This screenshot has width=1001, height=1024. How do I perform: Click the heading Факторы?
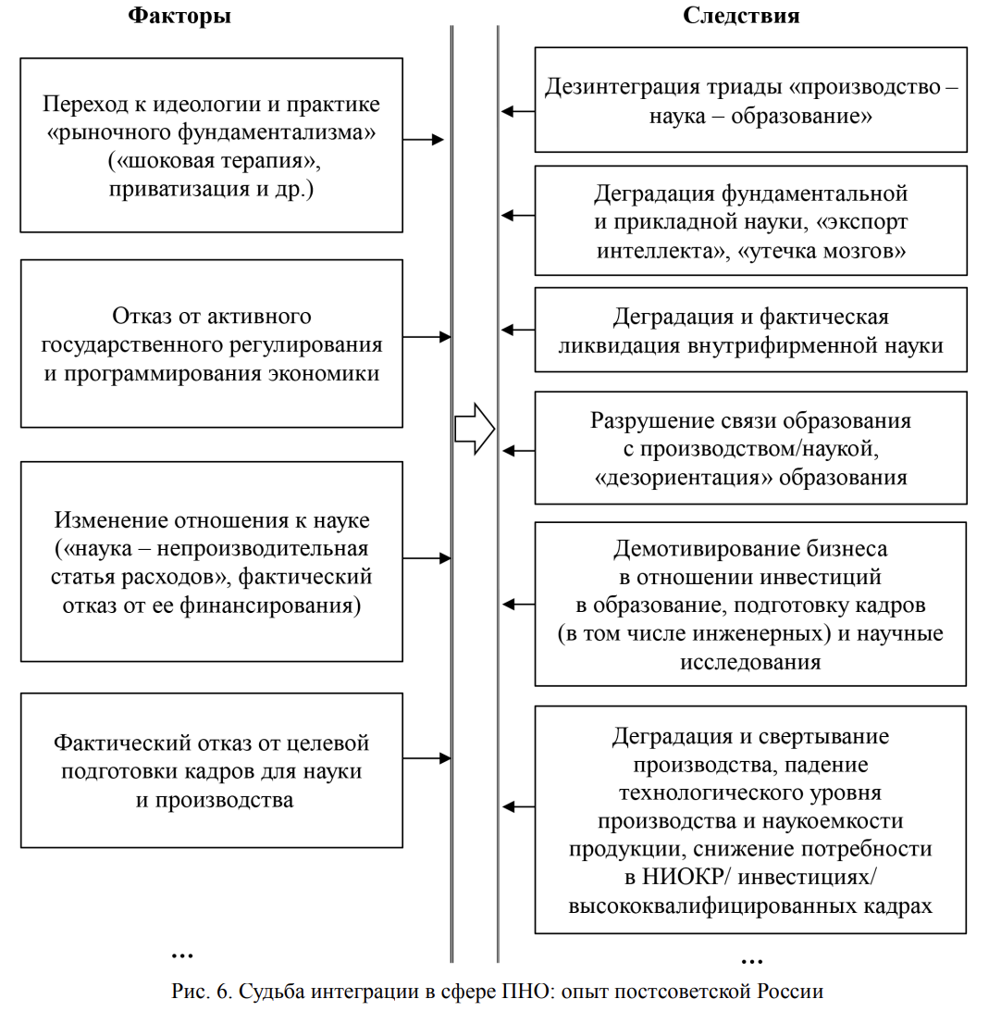point(179,16)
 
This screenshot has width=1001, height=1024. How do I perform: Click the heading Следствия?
point(741,16)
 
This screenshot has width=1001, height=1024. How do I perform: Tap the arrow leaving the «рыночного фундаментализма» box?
point(425,141)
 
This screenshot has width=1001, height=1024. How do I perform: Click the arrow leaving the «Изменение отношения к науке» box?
point(426,559)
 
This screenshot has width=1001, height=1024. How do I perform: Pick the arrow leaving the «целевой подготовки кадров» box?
point(426,759)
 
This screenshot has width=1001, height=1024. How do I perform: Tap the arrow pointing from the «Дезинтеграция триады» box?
point(517,112)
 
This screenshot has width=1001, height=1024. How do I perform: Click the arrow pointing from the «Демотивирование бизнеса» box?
point(517,605)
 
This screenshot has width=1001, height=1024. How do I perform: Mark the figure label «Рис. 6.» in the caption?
point(204,991)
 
